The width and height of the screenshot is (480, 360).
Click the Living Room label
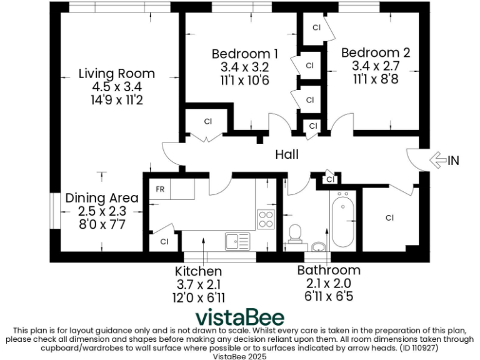coord(116,73)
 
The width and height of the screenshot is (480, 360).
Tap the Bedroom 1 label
coord(244,53)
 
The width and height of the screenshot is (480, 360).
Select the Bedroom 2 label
coord(375,53)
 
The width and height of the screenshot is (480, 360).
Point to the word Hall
coord(287,154)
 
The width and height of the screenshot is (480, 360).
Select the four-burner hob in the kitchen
coord(266,219)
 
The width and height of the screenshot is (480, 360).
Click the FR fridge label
coord(160,189)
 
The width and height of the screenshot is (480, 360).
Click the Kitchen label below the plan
coord(198,271)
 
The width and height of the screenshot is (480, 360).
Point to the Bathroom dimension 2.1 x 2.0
coord(329,283)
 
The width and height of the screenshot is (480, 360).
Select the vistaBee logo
coord(240,317)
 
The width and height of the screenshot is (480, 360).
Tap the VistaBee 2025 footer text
coord(240,356)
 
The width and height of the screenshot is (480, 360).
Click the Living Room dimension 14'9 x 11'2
coord(116,100)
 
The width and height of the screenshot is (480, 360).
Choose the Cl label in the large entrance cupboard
coord(389,218)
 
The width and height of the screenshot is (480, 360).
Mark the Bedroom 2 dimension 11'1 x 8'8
coord(375,79)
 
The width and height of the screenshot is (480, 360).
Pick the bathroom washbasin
coord(319,246)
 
